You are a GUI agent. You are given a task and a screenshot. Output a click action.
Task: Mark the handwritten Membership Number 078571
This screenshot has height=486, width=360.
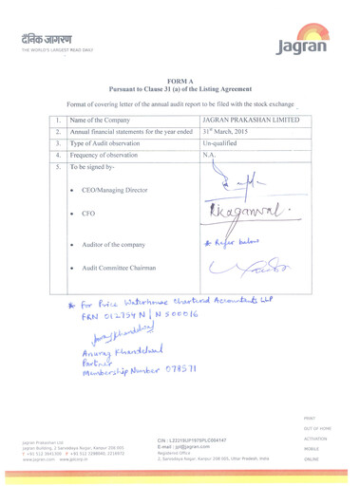tap(139, 366)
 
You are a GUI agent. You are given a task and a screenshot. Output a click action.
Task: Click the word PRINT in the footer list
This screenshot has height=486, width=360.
tap(311, 417)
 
